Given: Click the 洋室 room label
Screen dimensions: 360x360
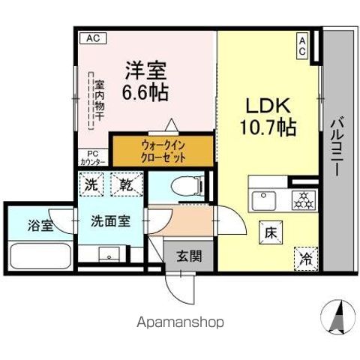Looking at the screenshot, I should click(x=145, y=72).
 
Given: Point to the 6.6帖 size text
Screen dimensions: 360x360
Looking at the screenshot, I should click(x=145, y=93).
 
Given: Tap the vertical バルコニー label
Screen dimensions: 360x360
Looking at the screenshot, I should click(x=338, y=147).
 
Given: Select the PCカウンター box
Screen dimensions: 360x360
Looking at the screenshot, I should click(x=93, y=158).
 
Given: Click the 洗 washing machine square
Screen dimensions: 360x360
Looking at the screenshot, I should click(x=90, y=184).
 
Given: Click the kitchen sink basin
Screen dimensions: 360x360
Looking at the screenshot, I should click(x=263, y=201).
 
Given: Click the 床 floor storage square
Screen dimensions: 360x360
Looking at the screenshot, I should click(x=269, y=233).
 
